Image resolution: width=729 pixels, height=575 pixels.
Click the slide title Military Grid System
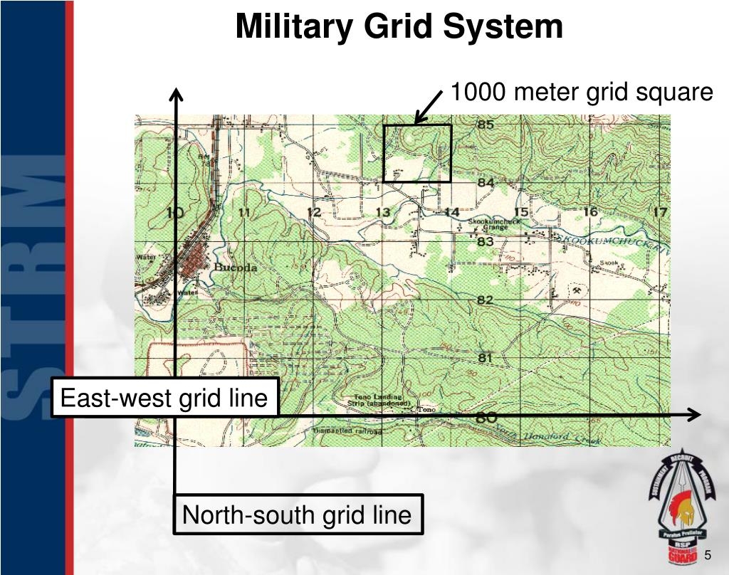(x=399, y=27)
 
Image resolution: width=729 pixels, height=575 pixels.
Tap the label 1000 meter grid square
(x=582, y=93)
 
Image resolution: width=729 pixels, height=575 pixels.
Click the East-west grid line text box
(x=163, y=398)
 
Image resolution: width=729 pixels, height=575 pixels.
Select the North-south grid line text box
(x=298, y=514)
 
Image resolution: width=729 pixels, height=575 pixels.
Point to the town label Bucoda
(x=236, y=268)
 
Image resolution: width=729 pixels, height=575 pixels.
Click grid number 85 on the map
(x=486, y=125)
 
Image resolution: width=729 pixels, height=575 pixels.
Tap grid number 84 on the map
(x=486, y=183)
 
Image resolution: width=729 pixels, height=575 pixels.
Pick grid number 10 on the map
(x=174, y=212)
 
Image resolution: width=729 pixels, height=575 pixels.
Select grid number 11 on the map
(x=244, y=212)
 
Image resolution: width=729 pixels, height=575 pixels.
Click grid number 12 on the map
(x=313, y=212)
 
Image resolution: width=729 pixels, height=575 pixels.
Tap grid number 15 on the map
(x=521, y=211)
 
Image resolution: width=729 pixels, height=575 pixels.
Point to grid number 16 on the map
(x=590, y=211)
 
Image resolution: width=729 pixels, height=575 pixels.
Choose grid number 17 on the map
(x=660, y=211)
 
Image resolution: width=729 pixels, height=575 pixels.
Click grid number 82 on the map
(x=486, y=300)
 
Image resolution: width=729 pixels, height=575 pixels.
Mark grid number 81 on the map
(x=486, y=358)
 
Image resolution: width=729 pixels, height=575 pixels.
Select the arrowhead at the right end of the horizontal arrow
(x=696, y=415)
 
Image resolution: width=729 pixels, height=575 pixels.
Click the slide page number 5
(x=709, y=556)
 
